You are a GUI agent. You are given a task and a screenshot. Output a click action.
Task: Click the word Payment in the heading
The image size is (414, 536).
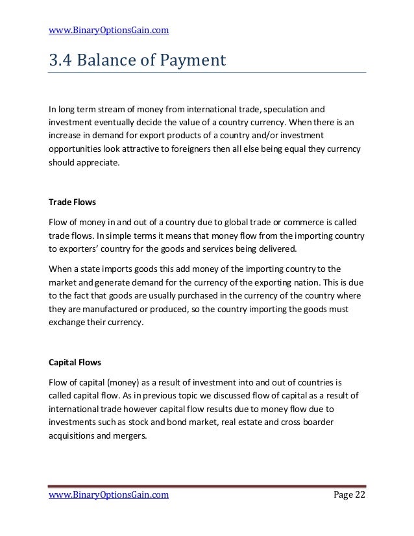[188, 61]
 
